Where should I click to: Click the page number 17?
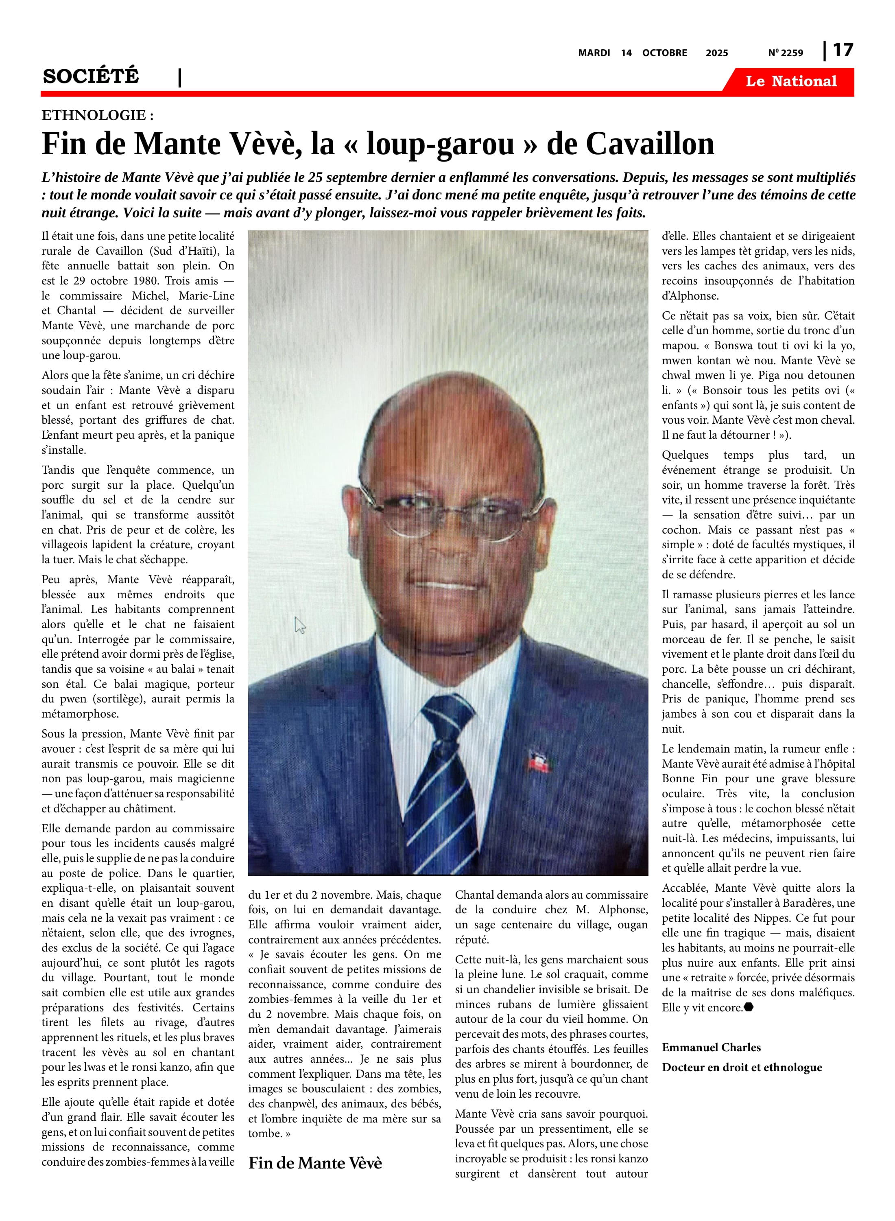843,50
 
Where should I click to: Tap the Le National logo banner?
790,81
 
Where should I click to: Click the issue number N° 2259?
785,53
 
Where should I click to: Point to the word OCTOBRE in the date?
664,53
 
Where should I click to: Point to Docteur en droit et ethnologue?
742,1067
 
